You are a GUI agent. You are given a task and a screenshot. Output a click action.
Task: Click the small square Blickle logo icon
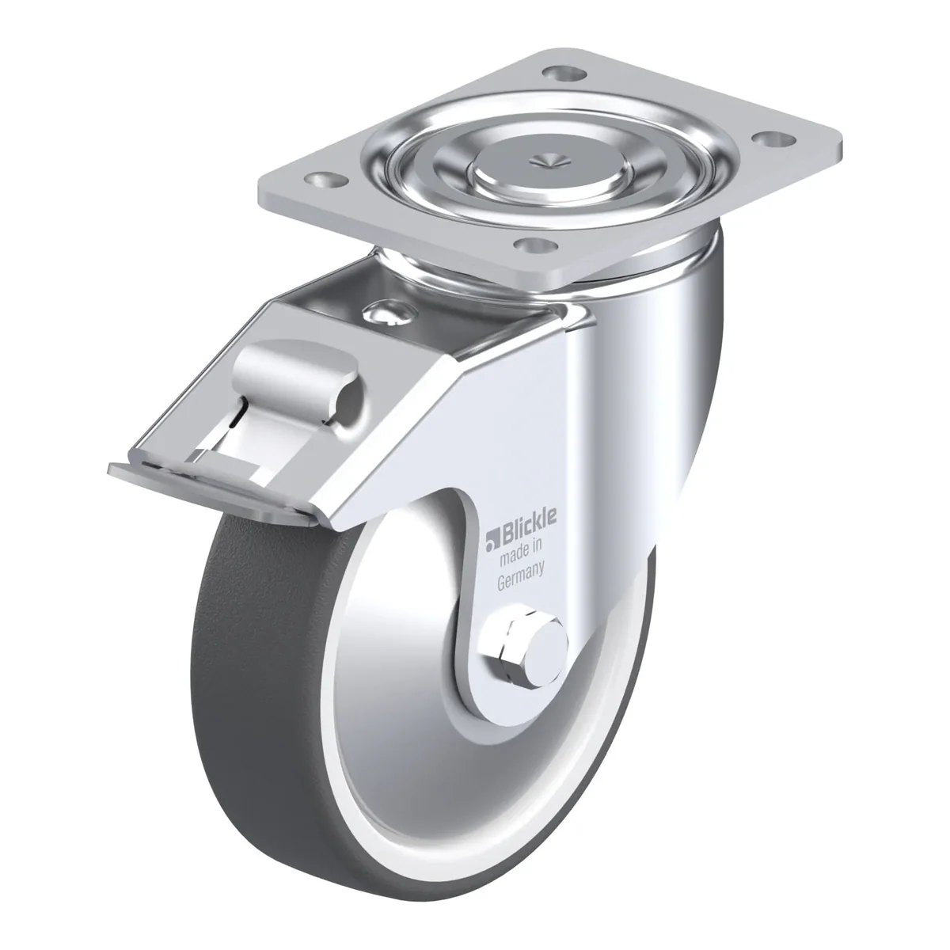pos(493,540)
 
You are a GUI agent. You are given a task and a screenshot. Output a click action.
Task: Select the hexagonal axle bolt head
pos(509,644)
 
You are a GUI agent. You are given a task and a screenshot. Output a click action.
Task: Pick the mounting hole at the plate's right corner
pos(776,140)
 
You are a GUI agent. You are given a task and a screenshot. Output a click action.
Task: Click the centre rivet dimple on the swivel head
pos(551,159)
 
